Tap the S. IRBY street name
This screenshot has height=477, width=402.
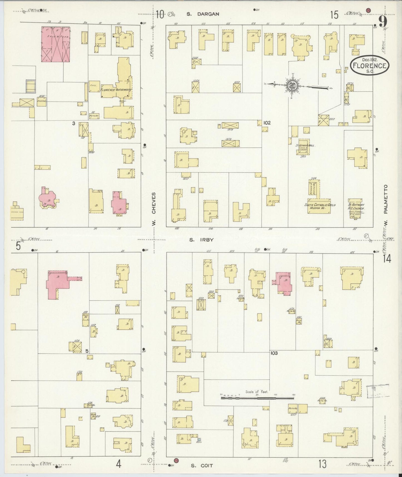point(201,240)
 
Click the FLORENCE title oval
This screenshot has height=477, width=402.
point(369,66)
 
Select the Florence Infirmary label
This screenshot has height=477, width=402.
point(116,90)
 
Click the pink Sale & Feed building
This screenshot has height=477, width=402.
point(56,44)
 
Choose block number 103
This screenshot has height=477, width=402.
point(274,353)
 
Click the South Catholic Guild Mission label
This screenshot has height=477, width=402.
point(320,206)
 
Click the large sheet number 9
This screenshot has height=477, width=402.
point(383,21)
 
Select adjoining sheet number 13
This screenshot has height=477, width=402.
point(322,464)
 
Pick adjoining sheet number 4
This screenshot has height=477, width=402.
point(119,464)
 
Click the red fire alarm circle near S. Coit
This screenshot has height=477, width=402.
point(176,461)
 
